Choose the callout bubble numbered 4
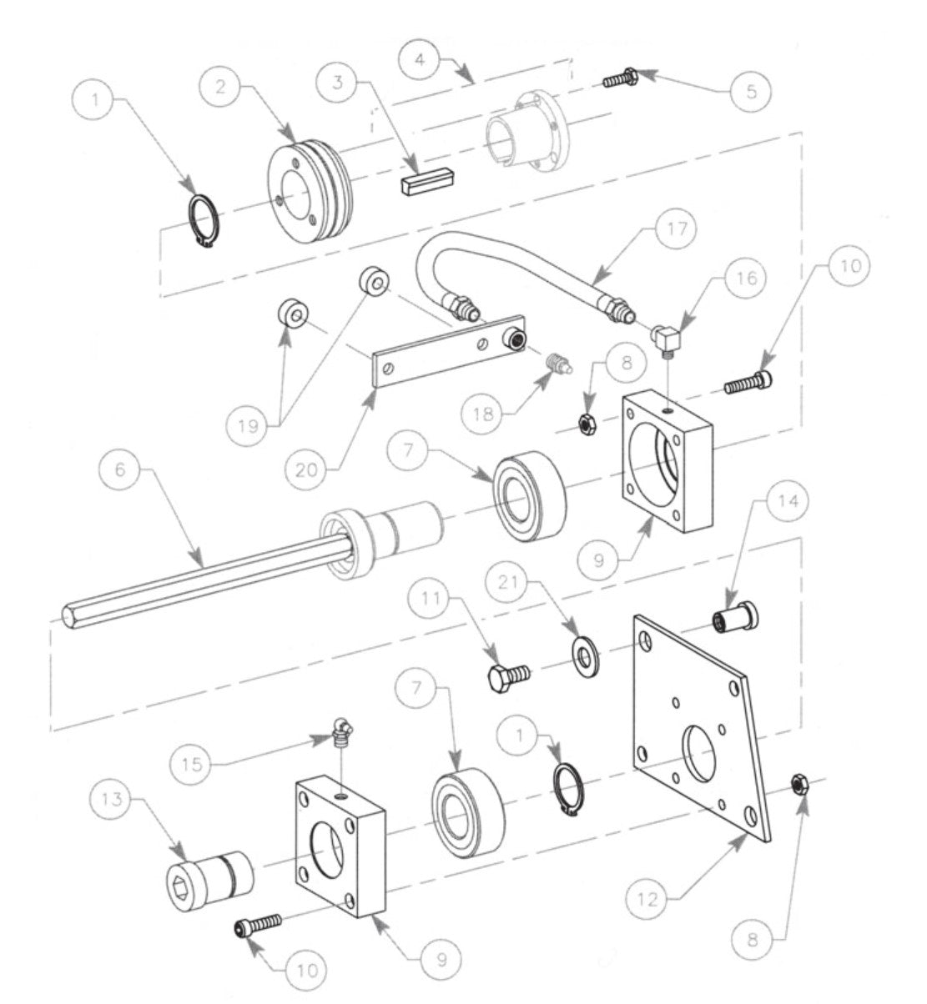pyautogui.click(x=421, y=60)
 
